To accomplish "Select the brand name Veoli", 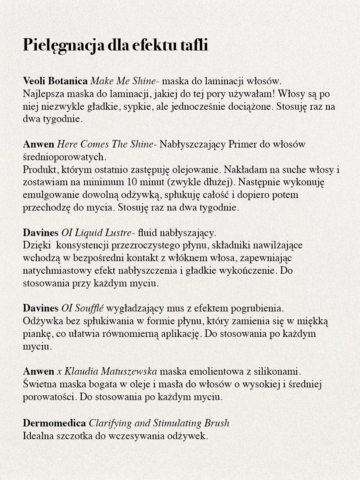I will coord(34,81).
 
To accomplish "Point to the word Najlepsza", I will coord(42,94).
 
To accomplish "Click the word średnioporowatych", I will coord(64,157).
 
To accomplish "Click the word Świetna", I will coord(40,385).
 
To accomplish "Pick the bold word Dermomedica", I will coord(54,423).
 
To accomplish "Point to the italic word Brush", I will coord(217,423).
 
